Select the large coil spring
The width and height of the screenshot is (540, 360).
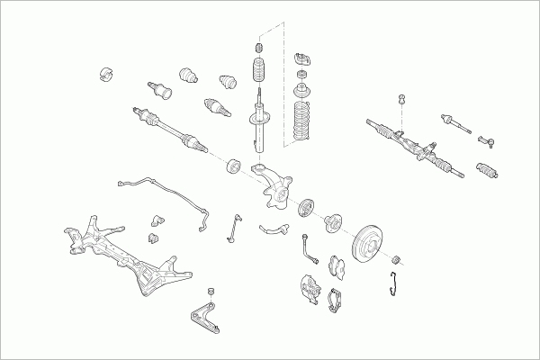click(x=301, y=121)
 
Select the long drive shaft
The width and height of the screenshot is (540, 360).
click(x=171, y=126)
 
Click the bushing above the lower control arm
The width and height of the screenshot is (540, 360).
click(x=211, y=292)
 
